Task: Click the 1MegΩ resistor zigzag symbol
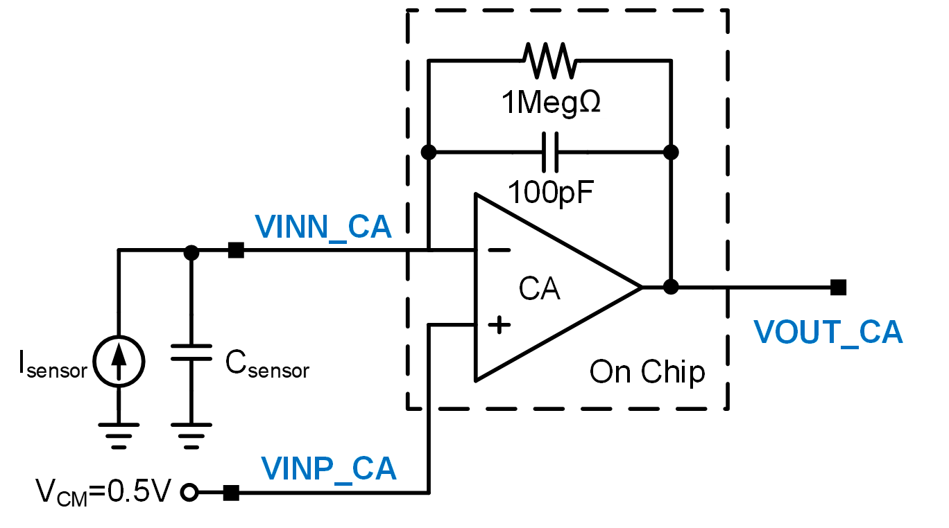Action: [x=549, y=60]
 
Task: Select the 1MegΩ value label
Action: [x=551, y=103]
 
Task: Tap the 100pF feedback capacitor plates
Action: [x=549, y=152]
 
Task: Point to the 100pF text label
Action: [x=551, y=191]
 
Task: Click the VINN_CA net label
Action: [x=323, y=227]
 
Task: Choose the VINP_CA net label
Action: [x=329, y=469]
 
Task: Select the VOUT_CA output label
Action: [x=828, y=333]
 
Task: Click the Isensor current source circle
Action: [x=119, y=360]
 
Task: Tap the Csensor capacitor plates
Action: [x=191, y=351]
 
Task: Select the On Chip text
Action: [x=647, y=372]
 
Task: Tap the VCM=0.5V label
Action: [x=103, y=493]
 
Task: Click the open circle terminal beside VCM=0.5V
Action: [x=189, y=493]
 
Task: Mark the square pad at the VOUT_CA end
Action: [x=838, y=286]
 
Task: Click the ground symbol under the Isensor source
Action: [x=119, y=435]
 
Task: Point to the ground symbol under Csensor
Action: [x=191, y=435]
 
